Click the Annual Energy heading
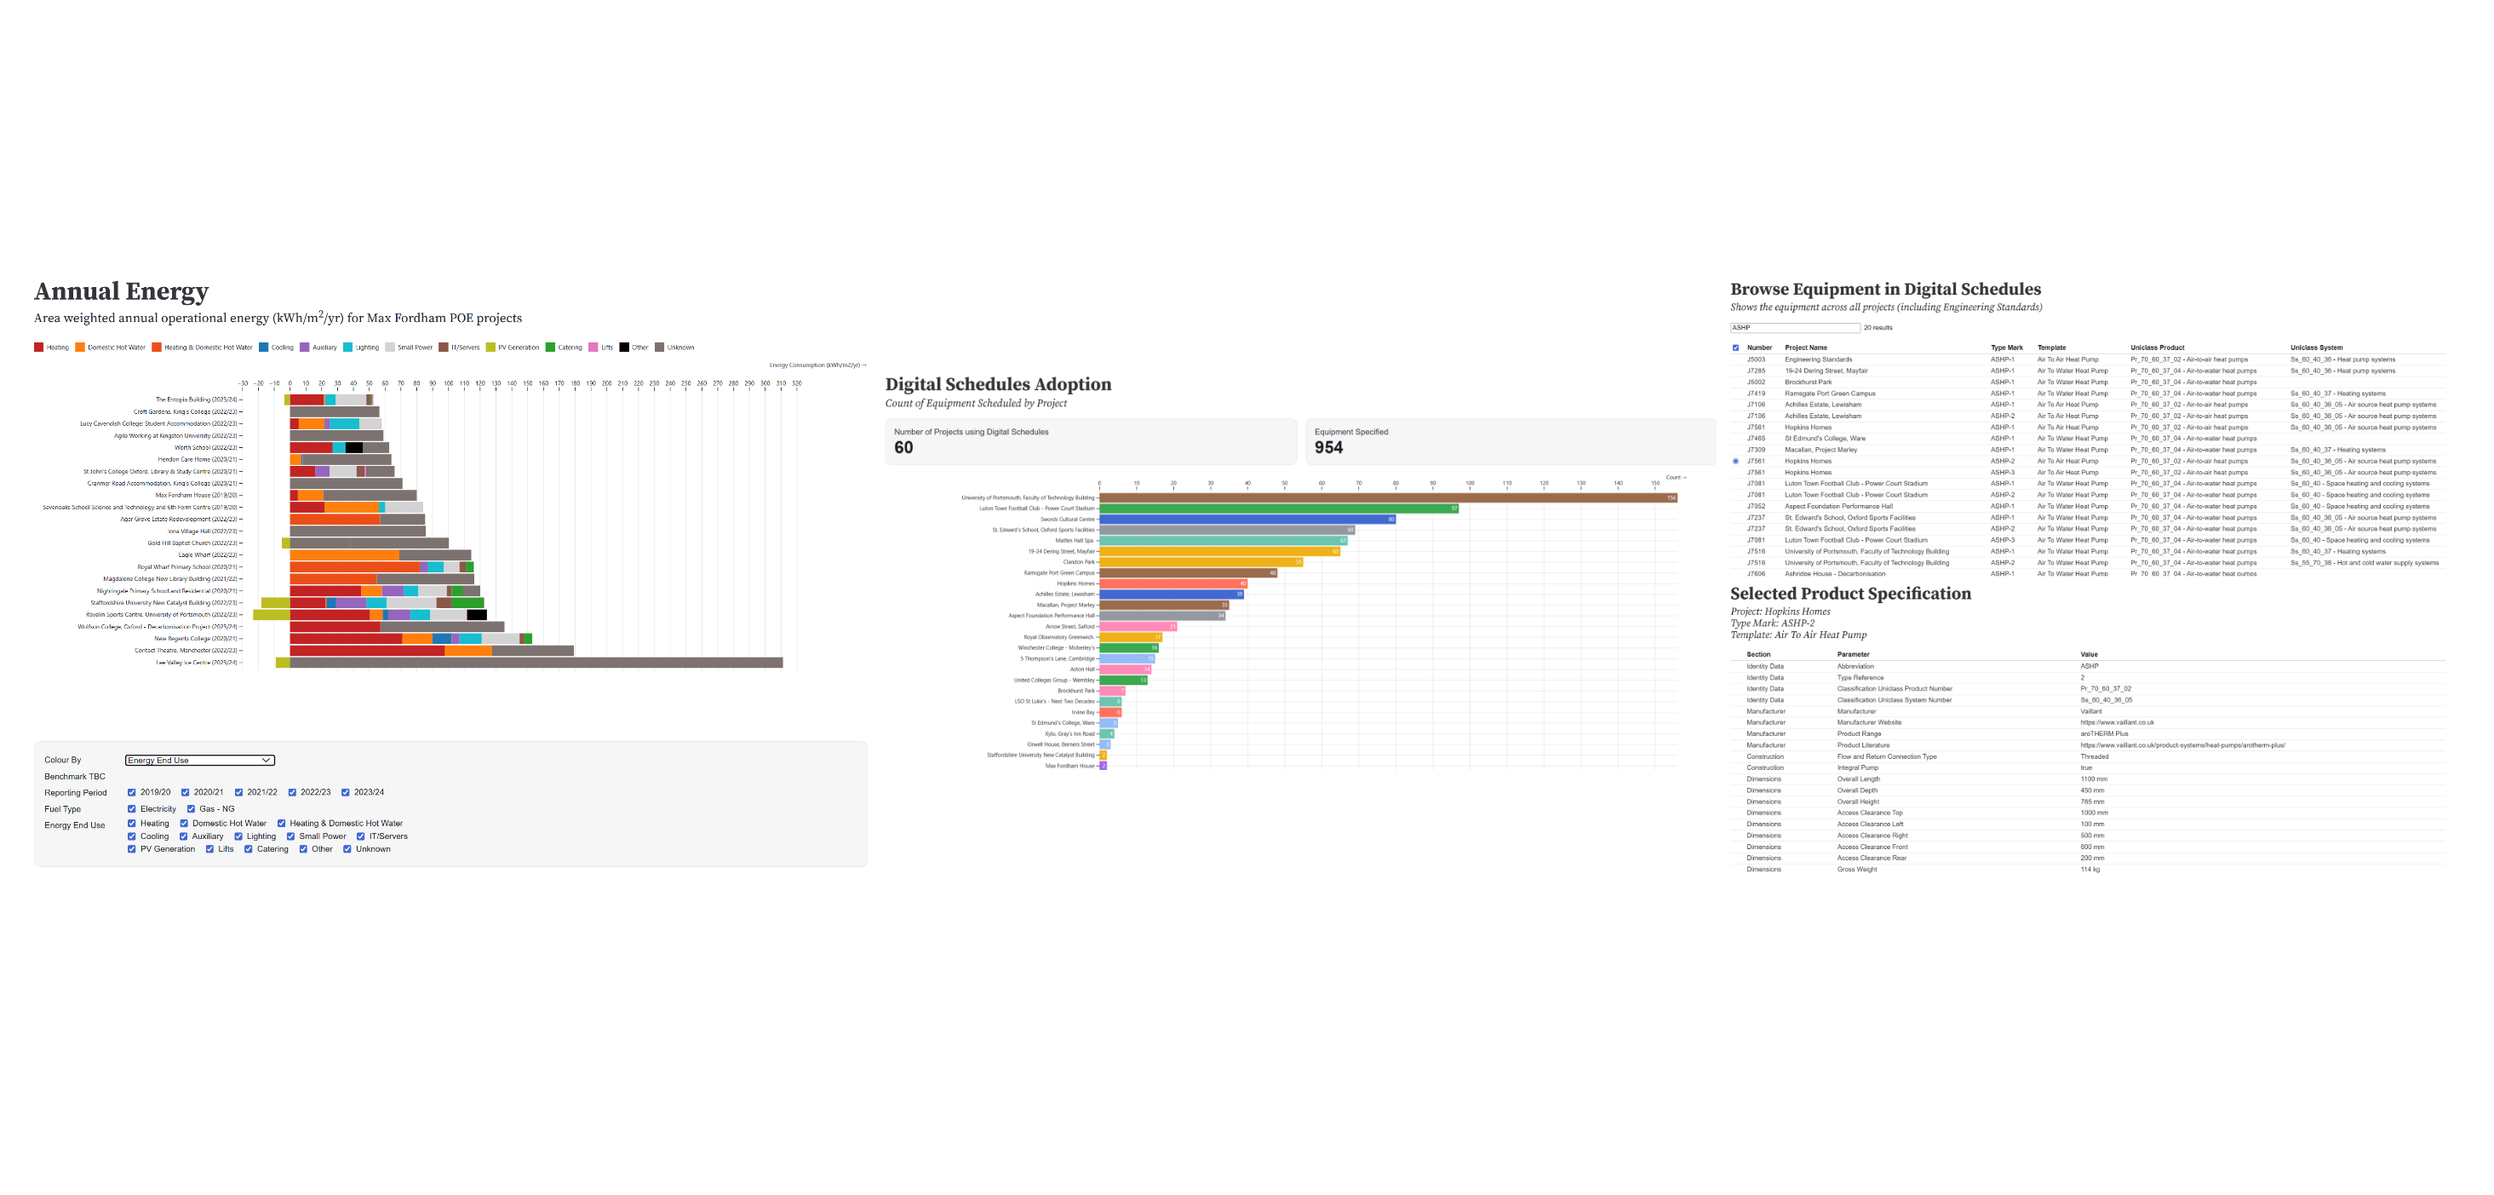click(x=121, y=291)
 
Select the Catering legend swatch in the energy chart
click(x=550, y=348)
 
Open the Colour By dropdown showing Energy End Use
click(x=199, y=761)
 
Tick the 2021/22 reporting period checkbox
click(x=239, y=792)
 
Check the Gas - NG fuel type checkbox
click(x=191, y=808)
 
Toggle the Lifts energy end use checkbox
click(x=210, y=849)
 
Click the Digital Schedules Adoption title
click(x=997, y=384)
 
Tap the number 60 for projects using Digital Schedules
click(x=903, y=447)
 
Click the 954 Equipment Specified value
click(x=1328, y=447)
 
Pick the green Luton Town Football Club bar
click(x=1278, y=508)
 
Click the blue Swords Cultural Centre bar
click(x=1246, y=519)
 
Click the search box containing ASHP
click(x=1794, y=328)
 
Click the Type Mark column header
click(x=2006, y=348)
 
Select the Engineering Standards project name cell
click(x=1817, y=359)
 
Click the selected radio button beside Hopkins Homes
click(x=1735, y=461)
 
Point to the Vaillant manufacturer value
click(x=2090, y=712)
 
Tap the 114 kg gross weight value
click(x=2090, y=870)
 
